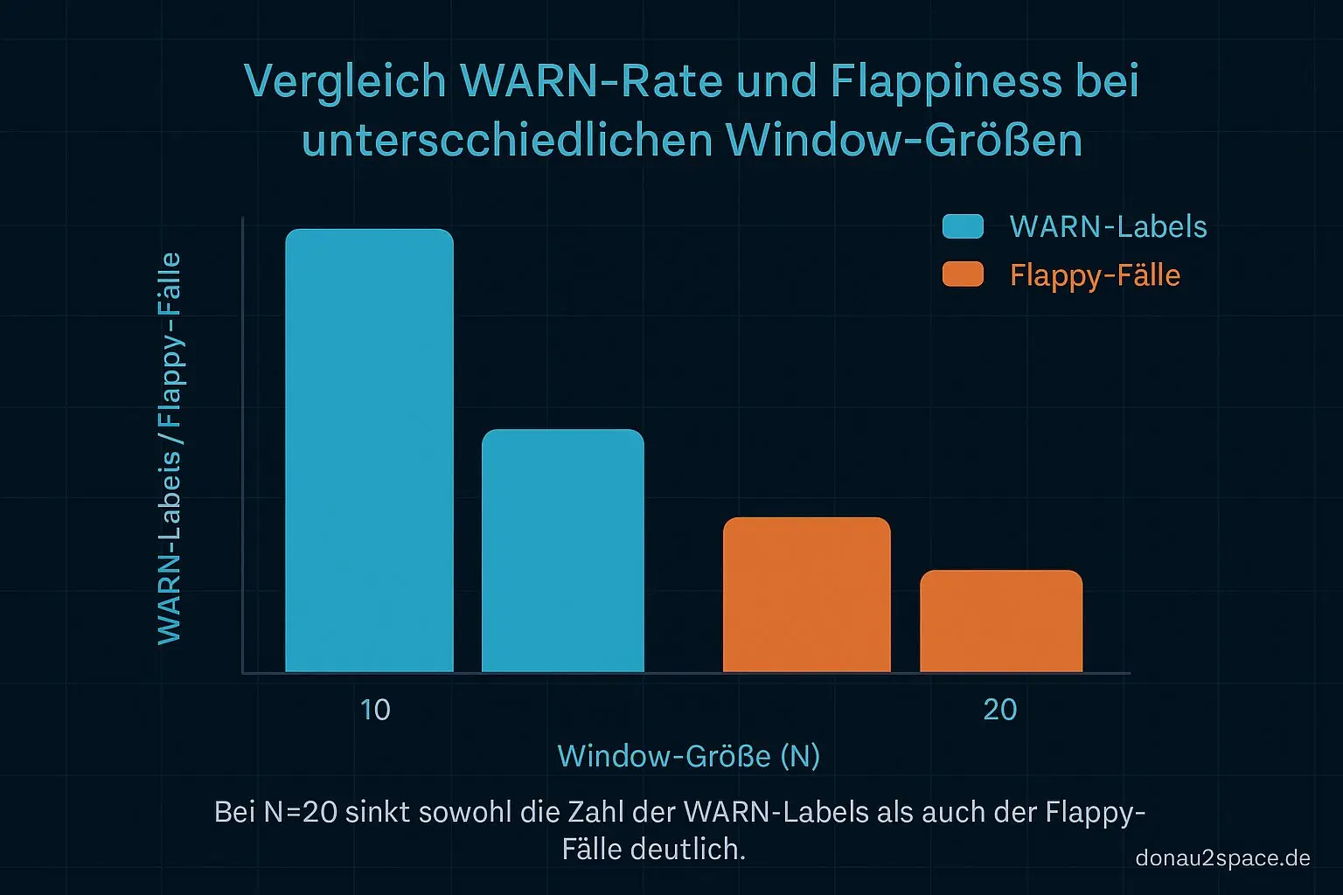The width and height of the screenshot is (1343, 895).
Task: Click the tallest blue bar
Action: [x=369, y=450]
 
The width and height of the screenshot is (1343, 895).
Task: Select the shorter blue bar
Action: [x=562, y=551]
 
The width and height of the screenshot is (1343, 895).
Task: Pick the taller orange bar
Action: [x=806, y=594]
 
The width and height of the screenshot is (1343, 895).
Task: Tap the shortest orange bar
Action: [x=1001, y=621]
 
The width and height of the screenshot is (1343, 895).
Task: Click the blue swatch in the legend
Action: [x=963, y=226]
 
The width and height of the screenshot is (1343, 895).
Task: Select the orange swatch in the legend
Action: [x=963, y=274]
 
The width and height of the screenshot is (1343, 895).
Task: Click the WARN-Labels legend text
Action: [x=1108, y=226]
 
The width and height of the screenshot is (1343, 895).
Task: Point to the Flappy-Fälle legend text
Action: [x=1095, y=275]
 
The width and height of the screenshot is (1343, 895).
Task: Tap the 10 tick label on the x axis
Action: [x=375, y=710]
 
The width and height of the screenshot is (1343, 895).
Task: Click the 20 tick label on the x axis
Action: [x=1000, y=710]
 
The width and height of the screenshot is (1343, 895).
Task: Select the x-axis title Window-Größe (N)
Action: [x=689, y=756]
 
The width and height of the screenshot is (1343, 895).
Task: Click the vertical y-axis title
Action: [x=170, y=447]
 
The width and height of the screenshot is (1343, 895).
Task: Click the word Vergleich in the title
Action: [x=345, y=82]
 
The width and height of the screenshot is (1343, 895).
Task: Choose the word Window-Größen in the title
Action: [x=904, y=140]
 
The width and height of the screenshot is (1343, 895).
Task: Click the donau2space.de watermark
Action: [x=1222, y=858]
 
